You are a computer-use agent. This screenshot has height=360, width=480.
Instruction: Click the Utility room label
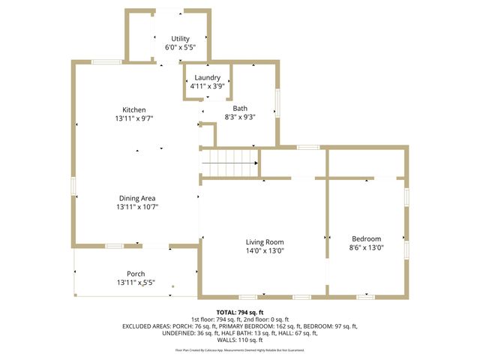pos(180,38)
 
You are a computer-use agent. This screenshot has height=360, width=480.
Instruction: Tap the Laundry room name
pos(207,77)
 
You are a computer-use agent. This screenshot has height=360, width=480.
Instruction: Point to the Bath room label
pos(239,108)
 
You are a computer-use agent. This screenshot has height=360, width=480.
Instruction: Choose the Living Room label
pos(265,241)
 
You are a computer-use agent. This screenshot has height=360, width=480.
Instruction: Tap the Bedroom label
pos(366,238)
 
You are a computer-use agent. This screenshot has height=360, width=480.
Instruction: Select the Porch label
pos(136,274)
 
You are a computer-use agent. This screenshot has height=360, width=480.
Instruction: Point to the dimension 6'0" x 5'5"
pos(180,47)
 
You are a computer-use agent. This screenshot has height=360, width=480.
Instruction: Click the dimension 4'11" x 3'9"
pos(207,86)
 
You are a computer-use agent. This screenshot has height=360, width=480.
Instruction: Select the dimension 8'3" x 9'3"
pos(239,117)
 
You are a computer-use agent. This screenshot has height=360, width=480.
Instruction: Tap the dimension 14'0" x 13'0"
pos(265,250)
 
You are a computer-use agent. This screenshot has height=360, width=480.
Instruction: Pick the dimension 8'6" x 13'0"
pos(366,247)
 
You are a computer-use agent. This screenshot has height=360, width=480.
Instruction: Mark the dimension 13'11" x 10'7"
pos(136,207)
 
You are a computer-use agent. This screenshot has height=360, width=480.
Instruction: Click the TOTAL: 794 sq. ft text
pos(239,311)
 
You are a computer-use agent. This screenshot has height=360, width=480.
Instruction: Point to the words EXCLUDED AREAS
pos(147,326)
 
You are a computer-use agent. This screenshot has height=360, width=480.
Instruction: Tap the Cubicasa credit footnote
pos(239,350)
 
